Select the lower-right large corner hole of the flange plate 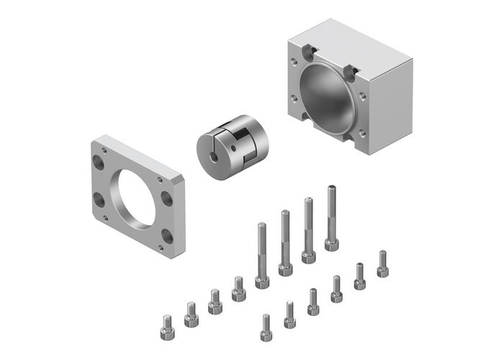167,235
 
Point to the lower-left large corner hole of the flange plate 99,198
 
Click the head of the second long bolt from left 285,268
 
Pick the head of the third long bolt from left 308,256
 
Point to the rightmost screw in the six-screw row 382,264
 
